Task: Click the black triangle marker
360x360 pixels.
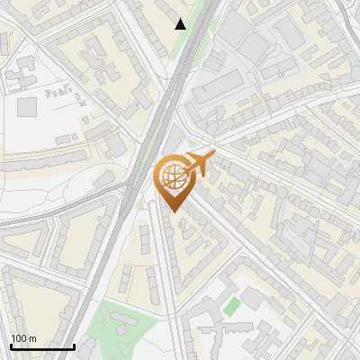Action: [x=181, y=24]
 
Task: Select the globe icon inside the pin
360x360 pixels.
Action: [x=173, y=176]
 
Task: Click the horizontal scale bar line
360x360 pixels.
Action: [x=42, y=346]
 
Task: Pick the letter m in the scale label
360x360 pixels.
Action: [x=32, y=338]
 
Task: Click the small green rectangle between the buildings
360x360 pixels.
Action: [x=233, y=305]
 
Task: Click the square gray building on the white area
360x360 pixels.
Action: [x=27, y=106]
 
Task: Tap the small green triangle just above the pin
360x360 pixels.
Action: [x=191, y=142]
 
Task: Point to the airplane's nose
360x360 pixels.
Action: [x=212, y=156]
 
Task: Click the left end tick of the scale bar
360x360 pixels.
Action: [x=10, y=345]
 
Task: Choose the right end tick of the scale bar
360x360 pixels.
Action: [x=75, y=345]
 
